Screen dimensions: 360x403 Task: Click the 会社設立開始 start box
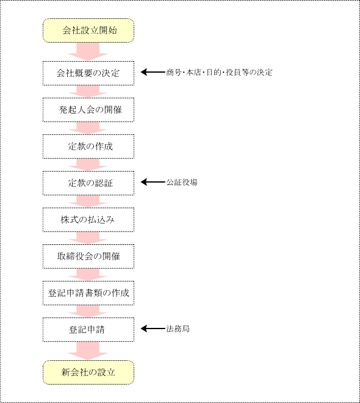point(88,31)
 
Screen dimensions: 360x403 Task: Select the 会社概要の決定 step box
point(88,73)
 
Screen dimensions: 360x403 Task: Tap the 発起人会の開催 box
point(88,110)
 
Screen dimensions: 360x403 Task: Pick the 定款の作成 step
point(88,147)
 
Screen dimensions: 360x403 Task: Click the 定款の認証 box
point(88,183)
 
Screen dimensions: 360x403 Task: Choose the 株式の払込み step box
point(88,220)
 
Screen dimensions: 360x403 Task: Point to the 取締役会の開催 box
point(88,256)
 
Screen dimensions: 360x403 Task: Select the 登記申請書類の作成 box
point(88,293)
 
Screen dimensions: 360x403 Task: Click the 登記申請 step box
point(88,330)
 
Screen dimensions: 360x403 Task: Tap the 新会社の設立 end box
point(88,372)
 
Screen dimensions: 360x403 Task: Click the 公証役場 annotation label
point(182,182)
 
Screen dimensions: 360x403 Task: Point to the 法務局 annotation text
point(178,329)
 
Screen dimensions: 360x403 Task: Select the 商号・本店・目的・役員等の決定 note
point(219,72)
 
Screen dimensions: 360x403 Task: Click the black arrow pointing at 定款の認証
point(153,182)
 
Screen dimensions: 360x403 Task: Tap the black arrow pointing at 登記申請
point(153,329)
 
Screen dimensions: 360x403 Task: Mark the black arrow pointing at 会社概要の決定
point(153,72)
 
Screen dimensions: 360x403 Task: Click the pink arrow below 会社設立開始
point(88,52)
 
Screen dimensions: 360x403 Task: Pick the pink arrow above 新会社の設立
point(88,351)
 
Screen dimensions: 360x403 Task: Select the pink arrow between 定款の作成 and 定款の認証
point(88,164)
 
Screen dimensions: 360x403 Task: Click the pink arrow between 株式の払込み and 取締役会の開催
point(88,238)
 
